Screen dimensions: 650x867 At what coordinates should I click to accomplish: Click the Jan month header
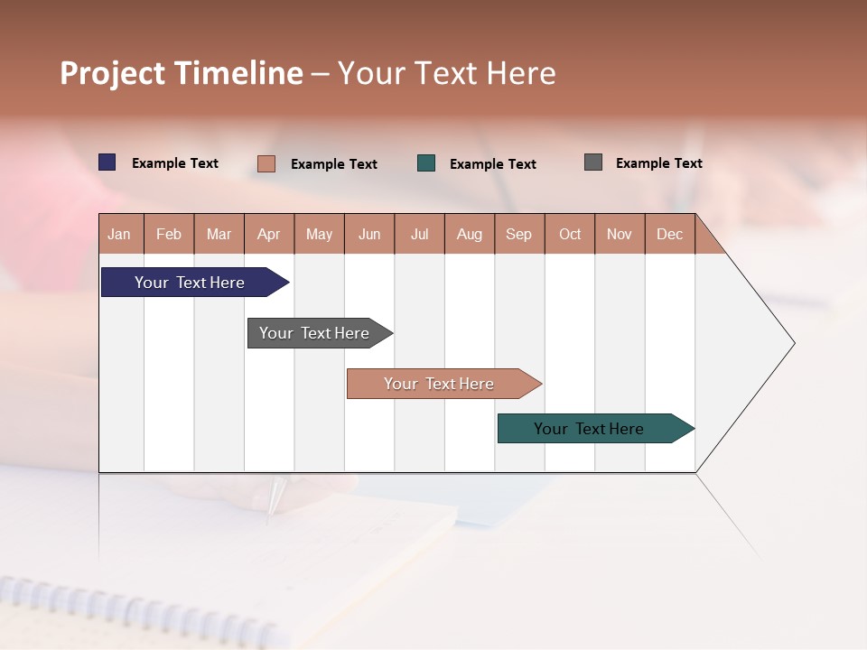coord(119,234)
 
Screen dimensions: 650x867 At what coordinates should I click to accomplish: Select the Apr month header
coord(268,234)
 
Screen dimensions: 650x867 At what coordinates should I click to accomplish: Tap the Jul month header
coord(419,234)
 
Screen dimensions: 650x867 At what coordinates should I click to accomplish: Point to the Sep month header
coord(518,234)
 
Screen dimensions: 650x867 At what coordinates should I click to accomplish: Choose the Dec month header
coord(669,234)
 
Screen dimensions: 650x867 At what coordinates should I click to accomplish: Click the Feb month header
coord(169,234)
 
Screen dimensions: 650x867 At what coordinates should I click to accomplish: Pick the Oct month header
coord(570,234)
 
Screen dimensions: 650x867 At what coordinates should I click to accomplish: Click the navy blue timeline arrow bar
coord(190,283)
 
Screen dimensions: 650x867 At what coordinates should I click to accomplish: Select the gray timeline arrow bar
coord(314,333)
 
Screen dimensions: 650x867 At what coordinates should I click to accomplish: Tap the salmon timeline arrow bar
coord(439,384)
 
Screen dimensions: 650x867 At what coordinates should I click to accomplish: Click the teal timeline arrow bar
coord(589,429)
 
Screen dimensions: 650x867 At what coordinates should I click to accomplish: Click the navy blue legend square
coord(107,162)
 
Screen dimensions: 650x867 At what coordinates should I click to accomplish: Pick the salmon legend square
coord(266,163)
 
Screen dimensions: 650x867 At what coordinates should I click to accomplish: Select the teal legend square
coord(426,163)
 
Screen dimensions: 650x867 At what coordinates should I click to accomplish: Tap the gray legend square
coord(593,162)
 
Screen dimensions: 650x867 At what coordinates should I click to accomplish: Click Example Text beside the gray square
coord(658,163)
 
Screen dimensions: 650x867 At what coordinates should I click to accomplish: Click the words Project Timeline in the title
coord(182,73)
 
